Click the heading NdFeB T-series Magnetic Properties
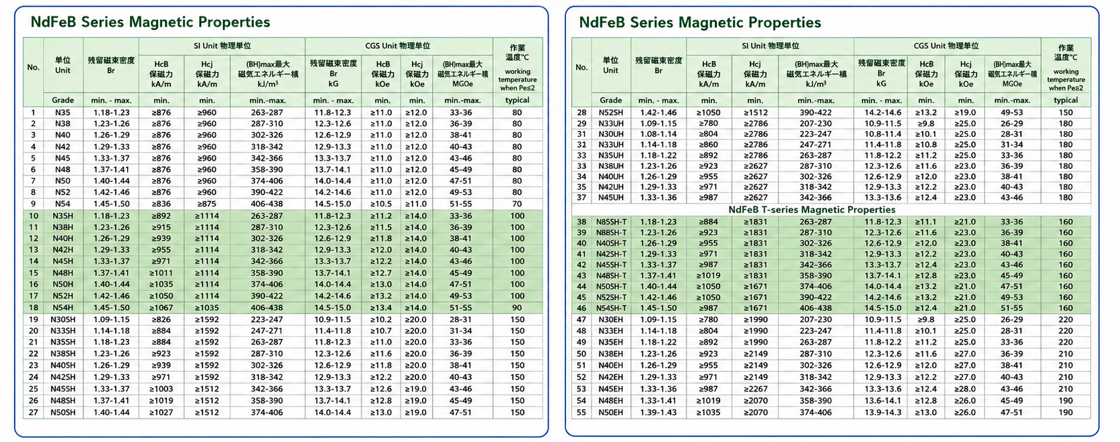[x=811, y=210]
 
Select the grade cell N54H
[x=62, y=307]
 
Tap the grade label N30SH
[x=62, y=319]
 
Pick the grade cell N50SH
[x=62, y=413]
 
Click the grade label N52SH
[x=610, y=113]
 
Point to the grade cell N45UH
[x=610, y=198]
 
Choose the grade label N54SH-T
[x=610, y=308]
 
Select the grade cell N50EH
[x=610, y=413]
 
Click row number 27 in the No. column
[x=33, y=413]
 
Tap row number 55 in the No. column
[x=581, y=413]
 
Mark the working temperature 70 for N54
[x=517, y=204]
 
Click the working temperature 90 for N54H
[x=517, y=307]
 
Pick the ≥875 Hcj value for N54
[x=206, y=204]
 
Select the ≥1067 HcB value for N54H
[x=161, y=307]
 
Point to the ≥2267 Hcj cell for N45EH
[x=755, y=389]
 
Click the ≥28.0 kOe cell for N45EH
[x=965, y=389]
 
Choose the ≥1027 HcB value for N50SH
[x=161, y=413]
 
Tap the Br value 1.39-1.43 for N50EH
[x=658, y=413]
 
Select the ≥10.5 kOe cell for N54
[x=381, y=204]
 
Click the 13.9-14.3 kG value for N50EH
[x=882, y=413]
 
